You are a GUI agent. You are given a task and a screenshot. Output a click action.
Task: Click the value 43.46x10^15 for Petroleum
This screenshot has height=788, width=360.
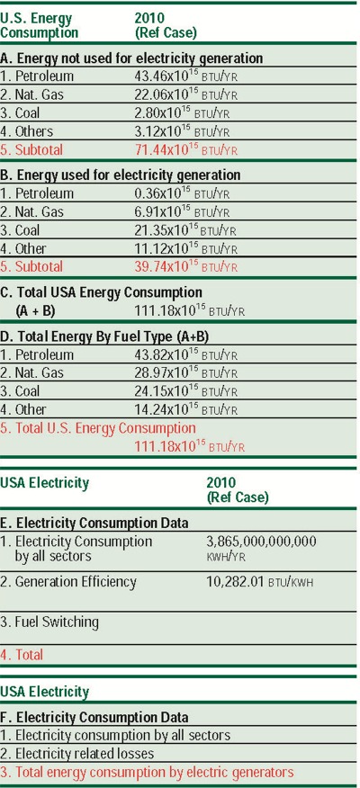(x=165, y=76)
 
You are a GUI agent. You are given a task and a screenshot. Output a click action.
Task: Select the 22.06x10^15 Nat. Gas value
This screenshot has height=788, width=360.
(x=165, y=94)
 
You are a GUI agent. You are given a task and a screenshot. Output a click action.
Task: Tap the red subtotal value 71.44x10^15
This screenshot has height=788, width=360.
(x=165, y=149)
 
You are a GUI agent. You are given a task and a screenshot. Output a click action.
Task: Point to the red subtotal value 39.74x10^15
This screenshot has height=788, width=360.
(x=165, y=266)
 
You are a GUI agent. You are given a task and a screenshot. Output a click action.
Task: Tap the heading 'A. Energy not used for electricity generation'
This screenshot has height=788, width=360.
(x=131, y=58)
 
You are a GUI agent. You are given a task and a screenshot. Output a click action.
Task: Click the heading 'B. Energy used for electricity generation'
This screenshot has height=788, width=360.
(x=121, y=175)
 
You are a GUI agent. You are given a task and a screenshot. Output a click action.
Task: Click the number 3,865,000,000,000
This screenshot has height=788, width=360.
(x=262, y=542)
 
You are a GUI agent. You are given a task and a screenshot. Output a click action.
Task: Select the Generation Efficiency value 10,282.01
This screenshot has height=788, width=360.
(x=238, y=582)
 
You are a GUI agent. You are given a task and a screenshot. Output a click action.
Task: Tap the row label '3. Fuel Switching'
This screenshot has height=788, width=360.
(x=49, y=622)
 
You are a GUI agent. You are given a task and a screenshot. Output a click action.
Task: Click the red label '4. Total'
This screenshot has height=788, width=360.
(x=22, y=654)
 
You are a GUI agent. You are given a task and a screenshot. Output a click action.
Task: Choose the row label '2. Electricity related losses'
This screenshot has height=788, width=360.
(x=77, y=753)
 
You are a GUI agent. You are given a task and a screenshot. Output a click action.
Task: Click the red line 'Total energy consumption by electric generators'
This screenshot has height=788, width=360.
(x=153, y=772)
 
